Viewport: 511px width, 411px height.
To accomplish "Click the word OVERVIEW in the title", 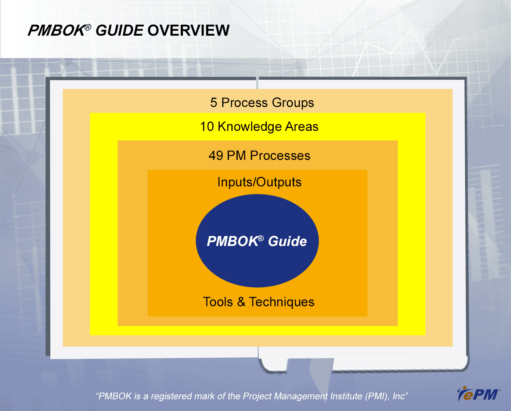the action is [x=188, y=31].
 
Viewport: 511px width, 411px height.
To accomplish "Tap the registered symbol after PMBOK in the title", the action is [x=88, y=27].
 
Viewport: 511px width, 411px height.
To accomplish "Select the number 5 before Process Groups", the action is [x=214, y=103].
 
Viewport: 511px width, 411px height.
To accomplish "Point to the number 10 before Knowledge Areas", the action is [x=207, y=126].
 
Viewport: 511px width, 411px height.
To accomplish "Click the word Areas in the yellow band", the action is [x=302, y=127].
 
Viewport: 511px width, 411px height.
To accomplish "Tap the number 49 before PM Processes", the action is [x=216, y=156].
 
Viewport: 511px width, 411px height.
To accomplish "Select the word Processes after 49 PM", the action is [x=280, y=156].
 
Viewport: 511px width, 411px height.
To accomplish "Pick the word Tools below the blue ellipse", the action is [x=218, y=302].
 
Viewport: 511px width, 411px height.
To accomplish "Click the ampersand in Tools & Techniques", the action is [x=241, y=302].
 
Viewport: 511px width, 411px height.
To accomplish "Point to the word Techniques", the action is [x=282, y=302].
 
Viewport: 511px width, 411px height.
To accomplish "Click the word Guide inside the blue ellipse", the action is [x=287, y=241].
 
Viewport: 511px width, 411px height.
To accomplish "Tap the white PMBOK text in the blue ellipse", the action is [x=232, y=241].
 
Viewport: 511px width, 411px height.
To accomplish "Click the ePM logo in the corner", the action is [x=478, y=394].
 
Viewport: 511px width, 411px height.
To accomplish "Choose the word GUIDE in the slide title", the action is [x=119, y=31].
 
